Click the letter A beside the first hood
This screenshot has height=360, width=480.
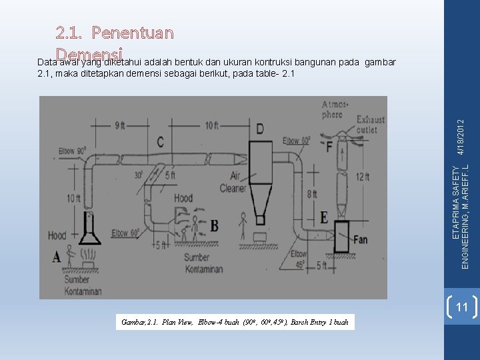(x=56, y=256)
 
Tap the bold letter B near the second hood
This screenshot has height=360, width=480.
(x=215, y=226)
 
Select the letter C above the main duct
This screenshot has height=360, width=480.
(x=161, y=141)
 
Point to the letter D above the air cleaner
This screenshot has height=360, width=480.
(x=259, y=127)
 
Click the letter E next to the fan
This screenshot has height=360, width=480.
(x=324, y=217)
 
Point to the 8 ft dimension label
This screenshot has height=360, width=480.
(x=311, y=195)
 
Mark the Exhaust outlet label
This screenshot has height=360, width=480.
(x=369, y=125)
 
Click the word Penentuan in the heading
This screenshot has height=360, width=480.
(x=133, y=31)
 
